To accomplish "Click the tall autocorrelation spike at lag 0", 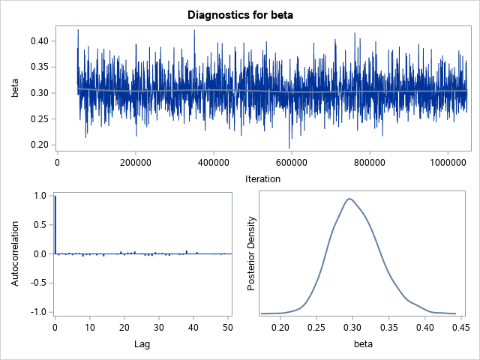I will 55,225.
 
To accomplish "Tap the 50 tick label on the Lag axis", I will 225,327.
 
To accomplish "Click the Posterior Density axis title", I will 253,253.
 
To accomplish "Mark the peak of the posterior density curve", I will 349,199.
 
